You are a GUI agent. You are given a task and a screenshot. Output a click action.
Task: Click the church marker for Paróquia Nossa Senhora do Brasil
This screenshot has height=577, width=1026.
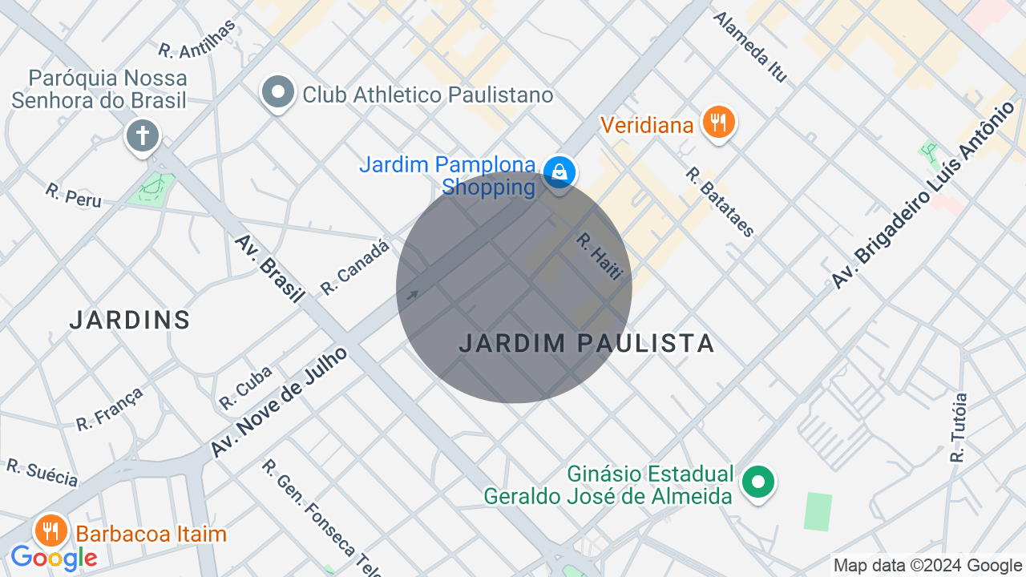click(x=143, y=135)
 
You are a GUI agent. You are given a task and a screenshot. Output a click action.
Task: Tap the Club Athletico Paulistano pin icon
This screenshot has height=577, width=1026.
click(x=278, y=92)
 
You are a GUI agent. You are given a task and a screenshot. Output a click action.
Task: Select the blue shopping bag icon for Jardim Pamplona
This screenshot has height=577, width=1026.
click(x=559, y=171)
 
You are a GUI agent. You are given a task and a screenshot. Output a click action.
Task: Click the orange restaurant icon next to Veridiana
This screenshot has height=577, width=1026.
click(x=718, y=123)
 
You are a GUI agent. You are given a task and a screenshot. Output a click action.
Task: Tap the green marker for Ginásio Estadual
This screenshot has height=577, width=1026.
click(x=757, y=482)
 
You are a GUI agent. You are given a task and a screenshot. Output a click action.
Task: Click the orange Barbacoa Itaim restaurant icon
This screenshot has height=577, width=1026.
click(x=51, y=531)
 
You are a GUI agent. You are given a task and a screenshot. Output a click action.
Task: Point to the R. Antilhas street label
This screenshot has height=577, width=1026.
click(x=197, y=38)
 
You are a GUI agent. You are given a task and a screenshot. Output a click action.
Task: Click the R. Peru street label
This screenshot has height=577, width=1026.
click(x=74, y=195)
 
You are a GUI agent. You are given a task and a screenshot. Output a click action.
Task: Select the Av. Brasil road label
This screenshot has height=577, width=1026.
click(x=269, y=268)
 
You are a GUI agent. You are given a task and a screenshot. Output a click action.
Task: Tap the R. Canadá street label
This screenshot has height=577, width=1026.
click(x=354, y=267)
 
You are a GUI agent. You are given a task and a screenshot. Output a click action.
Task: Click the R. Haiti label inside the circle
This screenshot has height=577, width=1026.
click(x=600, y=256)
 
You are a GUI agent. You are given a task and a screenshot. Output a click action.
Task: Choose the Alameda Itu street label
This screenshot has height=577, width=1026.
click(x=750, y=46)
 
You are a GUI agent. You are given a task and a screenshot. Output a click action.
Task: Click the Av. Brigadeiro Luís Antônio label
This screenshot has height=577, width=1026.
click(x=923, y=196)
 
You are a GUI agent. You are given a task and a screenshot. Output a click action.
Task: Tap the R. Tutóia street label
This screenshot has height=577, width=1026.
click(x=958, y=427)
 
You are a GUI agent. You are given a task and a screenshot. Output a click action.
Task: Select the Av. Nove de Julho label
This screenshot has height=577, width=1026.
click(x=280, y=402)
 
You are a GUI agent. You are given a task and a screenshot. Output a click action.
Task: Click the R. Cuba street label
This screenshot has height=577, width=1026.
click(x=245, y=387)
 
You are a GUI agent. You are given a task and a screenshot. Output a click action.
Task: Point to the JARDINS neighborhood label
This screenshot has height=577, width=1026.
click(x=130, y=321)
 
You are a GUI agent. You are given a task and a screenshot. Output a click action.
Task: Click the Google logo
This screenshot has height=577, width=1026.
click(x=54, y=558)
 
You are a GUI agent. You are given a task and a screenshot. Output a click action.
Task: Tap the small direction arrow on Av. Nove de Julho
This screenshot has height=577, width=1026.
click(x=412, y=295)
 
